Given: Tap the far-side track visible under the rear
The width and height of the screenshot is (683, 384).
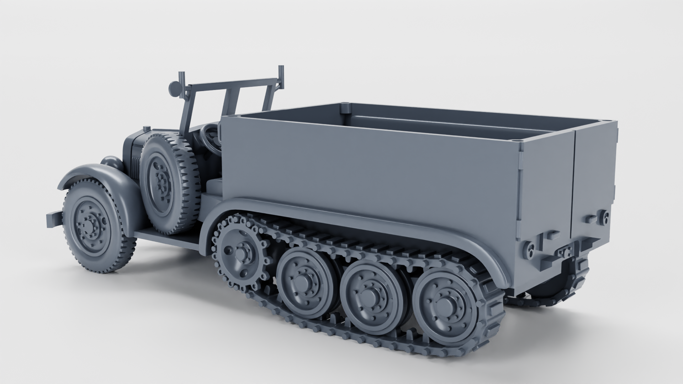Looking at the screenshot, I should coord(548,300).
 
